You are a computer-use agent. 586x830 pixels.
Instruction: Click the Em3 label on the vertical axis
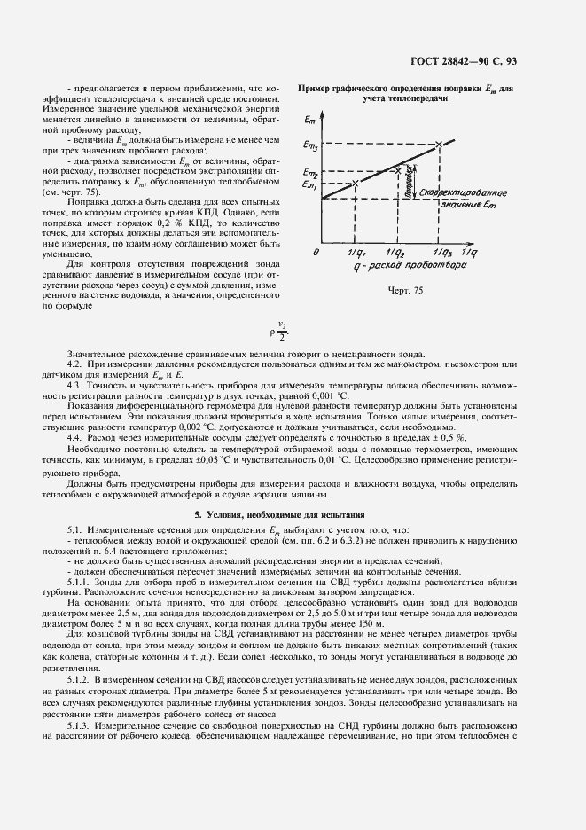tap(311, 145)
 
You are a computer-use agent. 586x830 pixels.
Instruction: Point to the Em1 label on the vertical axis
tap(310, 184)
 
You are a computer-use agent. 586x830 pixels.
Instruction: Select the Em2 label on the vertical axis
tap(310, 172)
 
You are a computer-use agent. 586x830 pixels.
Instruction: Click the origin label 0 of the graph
tap(315, 254)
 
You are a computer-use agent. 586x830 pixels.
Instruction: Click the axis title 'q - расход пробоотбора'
tap(406, 267)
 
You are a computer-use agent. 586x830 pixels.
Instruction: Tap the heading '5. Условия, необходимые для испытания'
tap(292, 540)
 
